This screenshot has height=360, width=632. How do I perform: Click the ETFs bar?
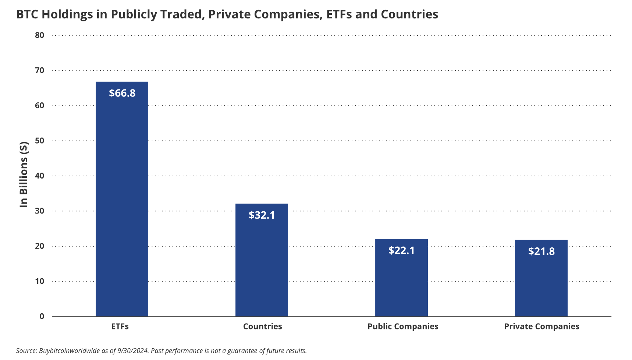click(122, 199)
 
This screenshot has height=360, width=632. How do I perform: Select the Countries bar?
click(262, 260)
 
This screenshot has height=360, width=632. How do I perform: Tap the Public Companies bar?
click(401, 278)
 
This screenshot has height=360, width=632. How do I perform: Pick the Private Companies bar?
click(541, 278)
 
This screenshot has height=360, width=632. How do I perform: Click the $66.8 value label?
click(122, 93)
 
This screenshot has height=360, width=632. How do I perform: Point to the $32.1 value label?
click(262, 215)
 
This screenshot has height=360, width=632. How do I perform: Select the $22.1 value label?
click(401, 250)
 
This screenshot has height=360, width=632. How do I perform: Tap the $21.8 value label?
click(542, 251)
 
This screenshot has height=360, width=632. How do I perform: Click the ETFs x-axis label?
click(120, 327)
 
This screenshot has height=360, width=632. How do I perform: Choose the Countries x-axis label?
click(263, 327)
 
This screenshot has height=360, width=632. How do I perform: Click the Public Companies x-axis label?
click(403, 327)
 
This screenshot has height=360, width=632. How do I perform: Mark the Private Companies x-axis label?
click(542, 327)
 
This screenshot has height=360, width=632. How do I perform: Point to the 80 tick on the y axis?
click(39, 35)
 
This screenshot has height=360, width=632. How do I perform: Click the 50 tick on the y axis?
click(39, 141)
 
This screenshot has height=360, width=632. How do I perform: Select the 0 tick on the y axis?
click(42, 316)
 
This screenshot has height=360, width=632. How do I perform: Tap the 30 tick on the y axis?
click(39, 211)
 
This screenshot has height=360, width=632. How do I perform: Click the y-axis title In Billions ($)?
click(24, 174)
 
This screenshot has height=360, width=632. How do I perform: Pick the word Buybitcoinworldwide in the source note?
click(69, 350)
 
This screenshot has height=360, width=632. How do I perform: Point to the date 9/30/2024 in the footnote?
click(133, 350)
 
